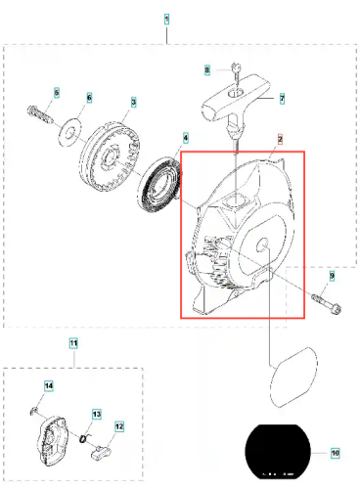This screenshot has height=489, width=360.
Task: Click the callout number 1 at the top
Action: [x=166, y=20]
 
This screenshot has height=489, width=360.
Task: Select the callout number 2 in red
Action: [x=280, y=139]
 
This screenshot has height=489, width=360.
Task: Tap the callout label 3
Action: [x=134, y=102]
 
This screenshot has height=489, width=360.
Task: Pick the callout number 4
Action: [x=186, y=138]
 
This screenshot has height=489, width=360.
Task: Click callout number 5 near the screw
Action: [x=57, y=93]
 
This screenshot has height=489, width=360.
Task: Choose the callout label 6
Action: [x=89, y=98]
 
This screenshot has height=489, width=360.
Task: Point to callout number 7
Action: [x=283, y=99]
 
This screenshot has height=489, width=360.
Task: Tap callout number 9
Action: [x=332, y=276]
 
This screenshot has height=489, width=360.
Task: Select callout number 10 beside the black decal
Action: [x=336, y=453]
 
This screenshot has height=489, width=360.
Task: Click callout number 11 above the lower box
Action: [x=73, y=343]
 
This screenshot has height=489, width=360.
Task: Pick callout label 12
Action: [x=119, y=426]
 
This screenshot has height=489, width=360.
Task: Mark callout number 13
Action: [x=97, y=415]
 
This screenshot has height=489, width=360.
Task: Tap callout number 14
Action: [x=49, y=386]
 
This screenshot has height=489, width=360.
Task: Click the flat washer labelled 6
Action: [x=69, y=133]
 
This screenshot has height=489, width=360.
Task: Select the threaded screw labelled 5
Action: [x=40, y=114]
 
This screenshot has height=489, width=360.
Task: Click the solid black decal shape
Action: [x=278, y=452]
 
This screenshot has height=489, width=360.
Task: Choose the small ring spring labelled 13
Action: [x=84, y=438]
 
